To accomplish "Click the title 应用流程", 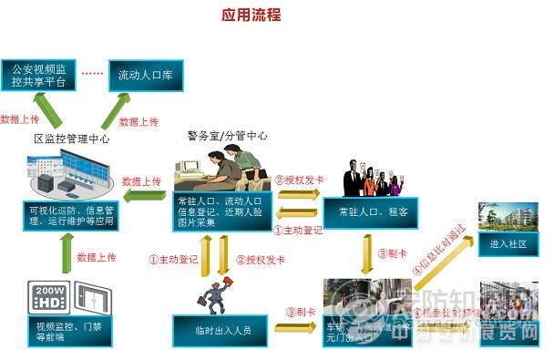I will (251, 15).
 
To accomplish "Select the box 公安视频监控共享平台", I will (36, 74).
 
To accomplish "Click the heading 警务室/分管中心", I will (228, 135).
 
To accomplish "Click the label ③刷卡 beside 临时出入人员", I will (301, 313).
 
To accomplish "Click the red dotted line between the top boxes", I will (93, 73).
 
